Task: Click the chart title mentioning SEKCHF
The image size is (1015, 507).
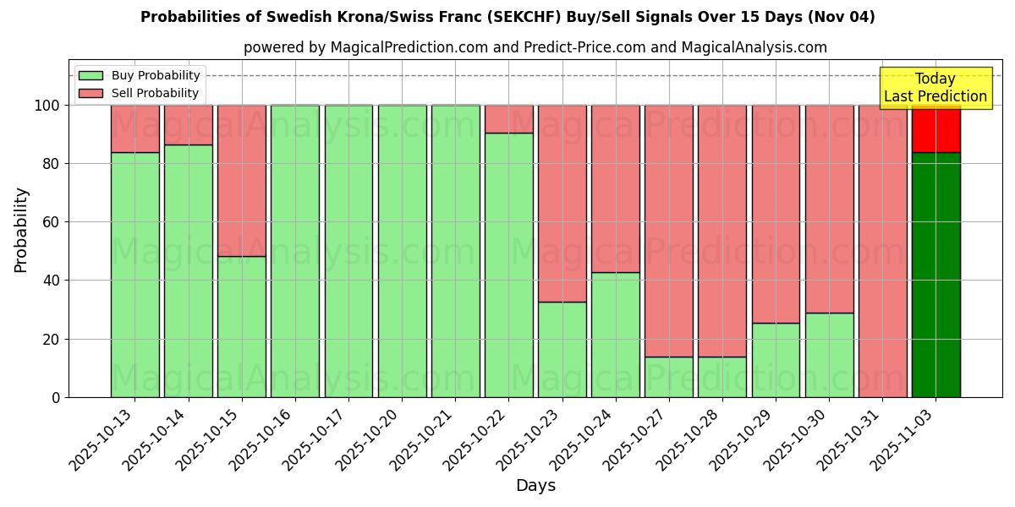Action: (x=507, y=17)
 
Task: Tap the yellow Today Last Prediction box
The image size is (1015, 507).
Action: (x=935, y=88)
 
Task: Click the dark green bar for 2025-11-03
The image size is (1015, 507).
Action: (x=935, y=275)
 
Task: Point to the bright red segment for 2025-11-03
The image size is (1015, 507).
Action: (x=935, y=128)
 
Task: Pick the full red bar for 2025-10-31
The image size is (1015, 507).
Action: (x=882, y=251)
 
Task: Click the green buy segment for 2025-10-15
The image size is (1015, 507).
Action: (x=242, y=326)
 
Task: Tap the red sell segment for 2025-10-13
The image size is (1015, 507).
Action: (x=135, y=128)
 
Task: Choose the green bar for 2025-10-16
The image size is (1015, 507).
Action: (x=295, y=251)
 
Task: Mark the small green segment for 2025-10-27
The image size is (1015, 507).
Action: (x=668, y=377)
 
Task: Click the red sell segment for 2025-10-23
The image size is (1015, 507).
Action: (x=562, y=203)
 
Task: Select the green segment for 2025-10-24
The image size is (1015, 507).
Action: (x=615, y=335)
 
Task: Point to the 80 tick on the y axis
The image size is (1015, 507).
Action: (x=52, y=164)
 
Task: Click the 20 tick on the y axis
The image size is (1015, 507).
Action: (x=52, y=339)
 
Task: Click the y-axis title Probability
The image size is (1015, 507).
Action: (x=21, y=229)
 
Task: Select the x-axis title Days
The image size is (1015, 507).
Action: (x=535, y=486)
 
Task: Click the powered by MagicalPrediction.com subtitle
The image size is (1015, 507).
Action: (x=535, y=47)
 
